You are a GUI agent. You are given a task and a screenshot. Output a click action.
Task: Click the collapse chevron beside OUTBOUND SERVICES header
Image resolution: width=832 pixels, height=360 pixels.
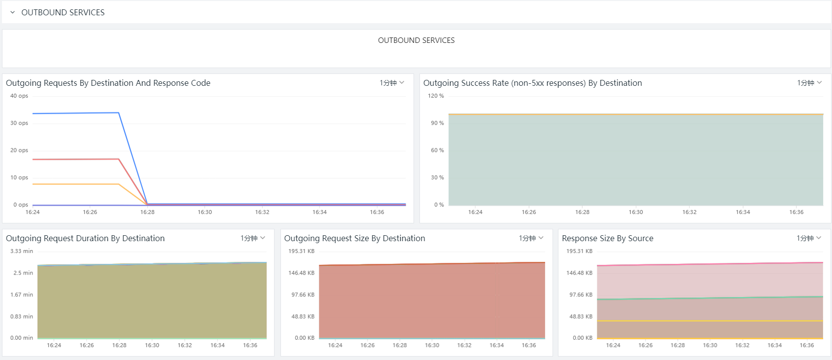[13, 12]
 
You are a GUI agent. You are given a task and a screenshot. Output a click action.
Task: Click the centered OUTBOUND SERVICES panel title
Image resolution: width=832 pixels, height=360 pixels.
[416, 40]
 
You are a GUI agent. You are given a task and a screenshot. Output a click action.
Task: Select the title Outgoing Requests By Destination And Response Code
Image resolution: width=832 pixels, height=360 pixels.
[108, 83]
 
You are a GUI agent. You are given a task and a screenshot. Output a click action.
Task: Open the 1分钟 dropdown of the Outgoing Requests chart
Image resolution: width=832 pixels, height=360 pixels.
[391, 83]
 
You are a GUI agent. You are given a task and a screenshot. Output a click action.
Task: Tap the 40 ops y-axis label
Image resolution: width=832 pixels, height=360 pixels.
[19, 96]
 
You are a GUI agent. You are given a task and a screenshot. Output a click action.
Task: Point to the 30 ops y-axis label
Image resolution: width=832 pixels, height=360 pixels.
[19, 123]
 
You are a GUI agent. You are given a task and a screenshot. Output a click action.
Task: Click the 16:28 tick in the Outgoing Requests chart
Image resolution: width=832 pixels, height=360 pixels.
[147, 212]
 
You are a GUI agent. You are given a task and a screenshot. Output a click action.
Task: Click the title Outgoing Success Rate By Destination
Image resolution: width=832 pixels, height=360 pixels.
[533, 83]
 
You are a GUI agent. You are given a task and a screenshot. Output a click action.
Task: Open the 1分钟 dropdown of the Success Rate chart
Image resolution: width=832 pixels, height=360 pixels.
[809, 83]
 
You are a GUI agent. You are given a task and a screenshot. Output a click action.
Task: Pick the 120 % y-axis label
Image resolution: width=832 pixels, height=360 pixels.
[436, 96]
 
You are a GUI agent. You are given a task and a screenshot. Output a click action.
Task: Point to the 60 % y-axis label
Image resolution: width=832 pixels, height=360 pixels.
[437, 150]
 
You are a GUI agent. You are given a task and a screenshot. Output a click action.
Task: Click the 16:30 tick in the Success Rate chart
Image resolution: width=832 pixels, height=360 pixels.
[636, 212]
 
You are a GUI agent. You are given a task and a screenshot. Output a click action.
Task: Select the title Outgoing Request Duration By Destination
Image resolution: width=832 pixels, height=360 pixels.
[85, 238]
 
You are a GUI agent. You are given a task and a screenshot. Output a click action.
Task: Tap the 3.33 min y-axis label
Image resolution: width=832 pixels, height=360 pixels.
[22, 251]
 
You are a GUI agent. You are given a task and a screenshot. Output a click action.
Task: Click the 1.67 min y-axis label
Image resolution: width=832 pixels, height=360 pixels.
[22, 294]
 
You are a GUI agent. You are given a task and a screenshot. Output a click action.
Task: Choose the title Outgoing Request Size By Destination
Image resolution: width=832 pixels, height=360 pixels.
[354, 238]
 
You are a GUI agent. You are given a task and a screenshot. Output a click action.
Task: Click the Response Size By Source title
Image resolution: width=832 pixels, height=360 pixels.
[607, 238]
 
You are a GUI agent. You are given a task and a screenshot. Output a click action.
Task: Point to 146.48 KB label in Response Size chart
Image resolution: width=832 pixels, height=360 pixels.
[579, 273]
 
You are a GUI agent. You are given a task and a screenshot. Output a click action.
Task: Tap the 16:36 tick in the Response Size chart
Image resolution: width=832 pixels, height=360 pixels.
[807, 345]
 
